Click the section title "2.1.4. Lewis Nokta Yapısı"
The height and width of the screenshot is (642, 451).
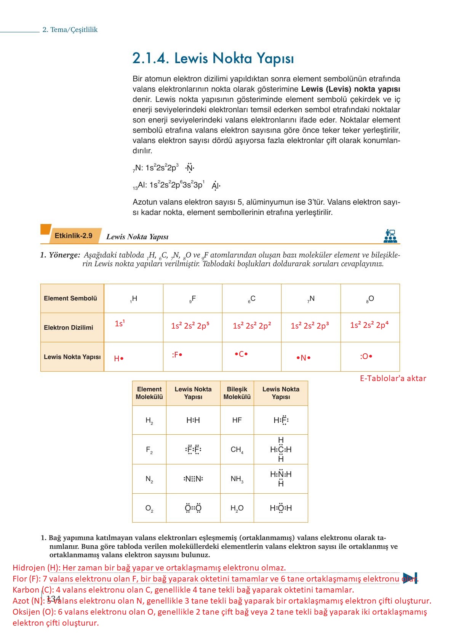(x=213, y=58)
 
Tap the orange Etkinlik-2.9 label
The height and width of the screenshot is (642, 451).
(x=74, y=236)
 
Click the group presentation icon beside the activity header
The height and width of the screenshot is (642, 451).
(x=390, y=236)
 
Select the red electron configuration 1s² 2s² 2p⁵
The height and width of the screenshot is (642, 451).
(x=190, y=326)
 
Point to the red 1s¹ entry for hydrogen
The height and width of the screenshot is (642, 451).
(x=120, y=323)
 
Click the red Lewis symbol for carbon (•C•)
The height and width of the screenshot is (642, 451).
(x=241, y=354)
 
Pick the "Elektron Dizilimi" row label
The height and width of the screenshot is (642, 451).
(x=69, y=327)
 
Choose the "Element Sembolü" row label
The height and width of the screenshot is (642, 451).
(x=70, y=298)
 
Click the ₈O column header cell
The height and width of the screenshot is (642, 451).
(x=370, y=299)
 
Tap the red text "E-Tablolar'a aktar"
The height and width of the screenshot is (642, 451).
(x=393, y=378)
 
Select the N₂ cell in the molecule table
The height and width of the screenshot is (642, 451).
(x=149, y=479)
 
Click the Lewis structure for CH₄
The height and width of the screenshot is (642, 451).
(x=281, y=450)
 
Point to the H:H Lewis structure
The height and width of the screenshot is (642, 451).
(x=193, y=420)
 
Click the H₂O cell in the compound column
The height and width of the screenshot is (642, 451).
(x=237, y=508)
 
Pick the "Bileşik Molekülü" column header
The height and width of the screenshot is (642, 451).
(x=237, y=393)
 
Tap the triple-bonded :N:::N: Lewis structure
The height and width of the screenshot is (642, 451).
(x=193, y=479)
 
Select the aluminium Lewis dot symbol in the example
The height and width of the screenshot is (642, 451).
(x=216, y=186)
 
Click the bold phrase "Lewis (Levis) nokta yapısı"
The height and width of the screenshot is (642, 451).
(x=350, y=89)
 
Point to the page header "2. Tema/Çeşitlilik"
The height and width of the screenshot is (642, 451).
(x=70, y=30)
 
